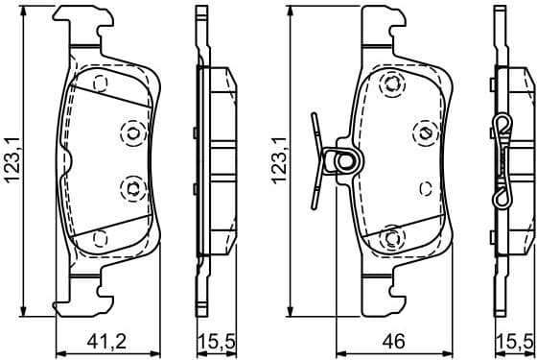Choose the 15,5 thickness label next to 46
(514, 340)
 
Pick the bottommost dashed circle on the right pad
(391, 237)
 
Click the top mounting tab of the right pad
(383, 24)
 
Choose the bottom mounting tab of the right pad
(383, 298)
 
